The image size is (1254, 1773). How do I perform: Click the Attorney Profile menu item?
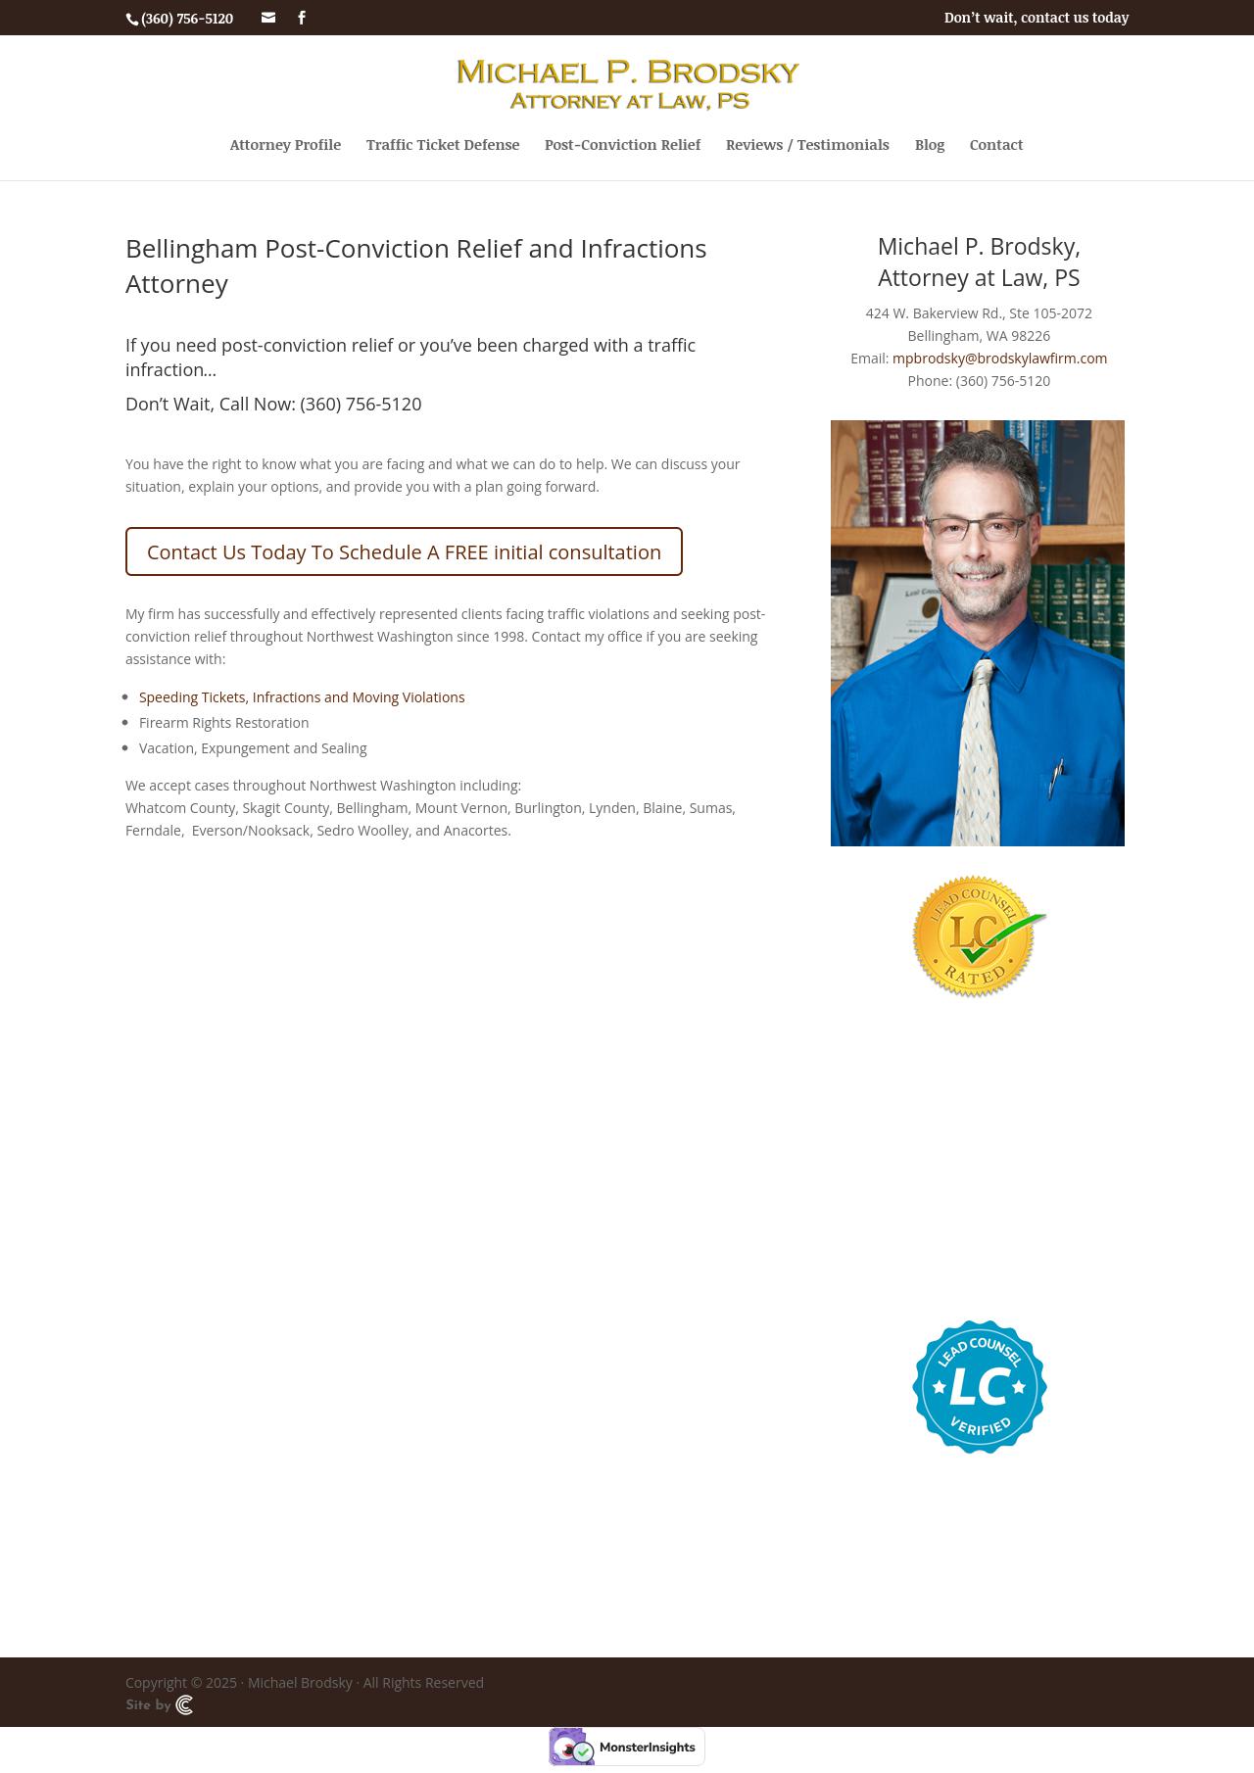[x=285, y=145]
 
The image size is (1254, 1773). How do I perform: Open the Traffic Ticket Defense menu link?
[x=443, y=145]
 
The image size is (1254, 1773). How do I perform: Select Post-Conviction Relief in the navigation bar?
[x=622, y=145]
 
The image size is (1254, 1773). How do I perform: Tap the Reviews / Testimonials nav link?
[x=807, y=145]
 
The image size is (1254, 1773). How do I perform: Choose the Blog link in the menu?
[x=930, y=145]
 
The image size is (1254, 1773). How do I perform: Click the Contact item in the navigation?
[x=996, y=145]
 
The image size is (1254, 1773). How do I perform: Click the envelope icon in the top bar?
[x=268, y=18]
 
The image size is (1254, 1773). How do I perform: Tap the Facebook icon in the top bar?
[x=302, y=18]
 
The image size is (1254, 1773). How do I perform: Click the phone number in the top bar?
[x=186, y=19]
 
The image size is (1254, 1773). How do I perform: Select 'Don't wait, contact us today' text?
[x=1036, y=18]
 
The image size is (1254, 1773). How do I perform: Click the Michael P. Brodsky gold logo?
[x=627, y=84]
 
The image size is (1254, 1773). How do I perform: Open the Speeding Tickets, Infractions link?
[x=302, y=697]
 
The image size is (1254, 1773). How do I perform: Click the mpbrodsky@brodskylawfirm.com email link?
[x=999, y=359]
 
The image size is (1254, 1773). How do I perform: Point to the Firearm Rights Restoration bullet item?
[x=223, y=723]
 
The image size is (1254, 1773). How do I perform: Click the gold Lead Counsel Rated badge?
[x=978, y=935]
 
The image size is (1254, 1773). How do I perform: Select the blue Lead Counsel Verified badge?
[x=980, y=1386]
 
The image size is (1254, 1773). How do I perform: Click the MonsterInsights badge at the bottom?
[x=627, y=1747]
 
